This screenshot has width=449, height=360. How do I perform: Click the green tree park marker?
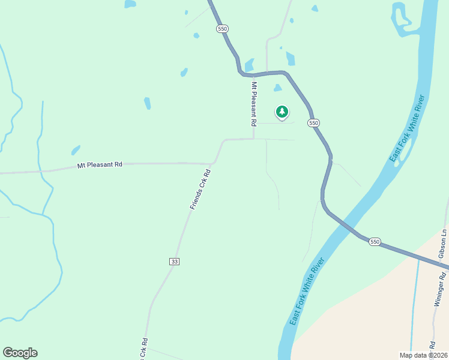282,112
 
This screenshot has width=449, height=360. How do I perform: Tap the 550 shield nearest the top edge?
223,28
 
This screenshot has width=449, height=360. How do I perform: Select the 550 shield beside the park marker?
313,122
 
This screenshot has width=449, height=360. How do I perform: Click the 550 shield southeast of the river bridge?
375,241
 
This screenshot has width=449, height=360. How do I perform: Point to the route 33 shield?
174,261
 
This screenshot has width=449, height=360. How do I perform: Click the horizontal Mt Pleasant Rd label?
100,164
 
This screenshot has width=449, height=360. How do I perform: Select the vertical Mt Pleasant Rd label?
254,104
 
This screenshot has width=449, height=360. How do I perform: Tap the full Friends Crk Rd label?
200,190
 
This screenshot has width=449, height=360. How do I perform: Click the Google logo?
20,353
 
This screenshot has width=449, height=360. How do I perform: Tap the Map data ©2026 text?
423,355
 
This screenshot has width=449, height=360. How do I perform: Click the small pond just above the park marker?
277,88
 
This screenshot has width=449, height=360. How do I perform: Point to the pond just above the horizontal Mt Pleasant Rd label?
76,150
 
